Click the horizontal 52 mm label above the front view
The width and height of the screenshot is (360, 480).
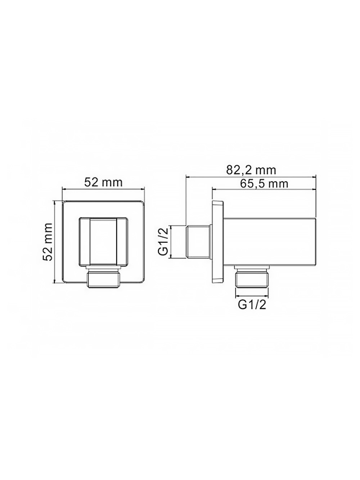tap(103, 182)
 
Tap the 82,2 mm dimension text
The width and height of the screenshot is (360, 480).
tap(251, 170)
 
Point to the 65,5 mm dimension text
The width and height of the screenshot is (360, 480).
tap(264, 184)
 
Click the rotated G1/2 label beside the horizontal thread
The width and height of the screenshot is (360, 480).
tap(163, 242)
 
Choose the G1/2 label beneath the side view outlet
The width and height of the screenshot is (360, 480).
tap(252, 305)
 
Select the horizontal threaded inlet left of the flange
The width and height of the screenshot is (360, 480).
tap(198, 242)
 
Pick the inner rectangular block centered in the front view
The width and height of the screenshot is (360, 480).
tap(103, 242)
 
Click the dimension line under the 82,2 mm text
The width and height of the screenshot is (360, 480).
tap(251, 176)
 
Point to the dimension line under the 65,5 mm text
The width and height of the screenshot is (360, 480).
tap(264, 189)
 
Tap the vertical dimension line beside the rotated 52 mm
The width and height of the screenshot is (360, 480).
tap(55, 242)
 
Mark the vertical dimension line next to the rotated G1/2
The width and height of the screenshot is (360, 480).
tap(172, 242)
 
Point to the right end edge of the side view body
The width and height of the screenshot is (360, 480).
tap(316, 242)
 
